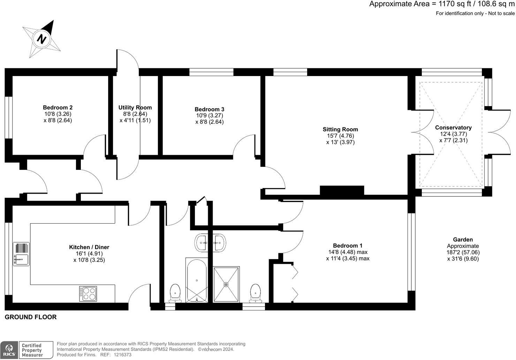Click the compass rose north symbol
tap(42, 39)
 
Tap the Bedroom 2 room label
tap(58, 107)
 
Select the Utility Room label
tap(135, 107)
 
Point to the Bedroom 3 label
tap(209, 109)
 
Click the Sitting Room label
tap(340, 129)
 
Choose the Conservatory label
tap(453, 128)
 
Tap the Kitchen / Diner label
tap(89, 247)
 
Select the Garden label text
tap(463, 240)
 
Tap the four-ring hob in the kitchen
tap(88, 294)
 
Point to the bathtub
tap(197, 280)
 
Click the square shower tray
tap(226, 284)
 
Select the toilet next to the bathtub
tap(175, 293)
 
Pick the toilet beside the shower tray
tap(256, 293)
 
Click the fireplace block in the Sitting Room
tap(342, 190)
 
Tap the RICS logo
tap(9, 350)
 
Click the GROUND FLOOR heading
tap(31, 317)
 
